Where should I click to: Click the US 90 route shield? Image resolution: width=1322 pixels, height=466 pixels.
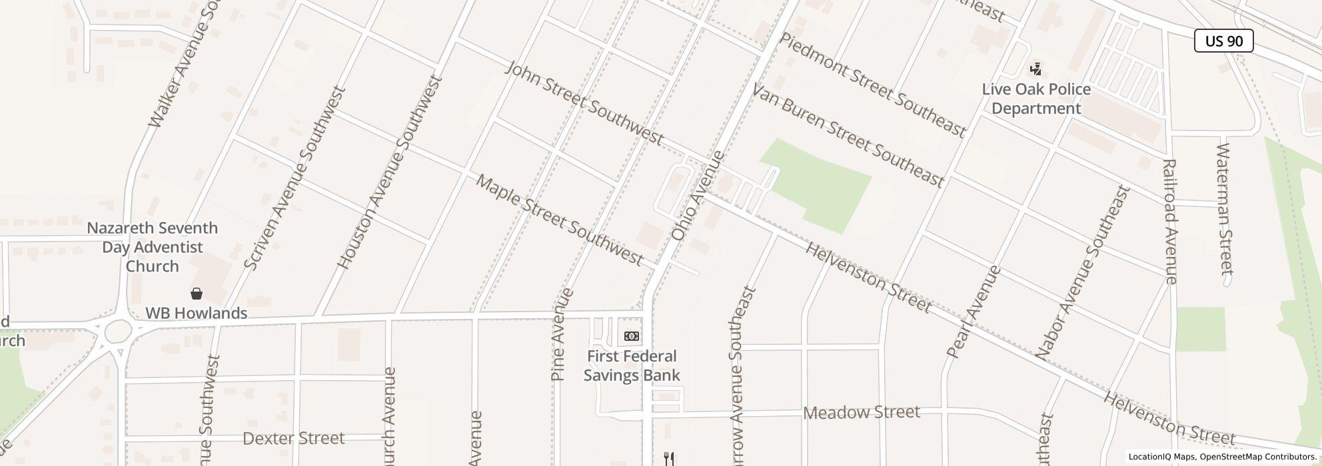click(1223, 41)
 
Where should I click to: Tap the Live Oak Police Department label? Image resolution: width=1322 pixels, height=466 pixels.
click(1036, 99)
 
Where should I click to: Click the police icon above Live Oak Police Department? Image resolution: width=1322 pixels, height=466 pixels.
click(1035, 69)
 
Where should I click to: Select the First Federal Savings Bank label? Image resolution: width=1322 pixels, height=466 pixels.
click(632, 365)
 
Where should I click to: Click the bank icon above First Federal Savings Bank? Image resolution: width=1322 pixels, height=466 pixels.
click(631, 336)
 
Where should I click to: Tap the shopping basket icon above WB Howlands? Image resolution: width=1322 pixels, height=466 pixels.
click(197, 294)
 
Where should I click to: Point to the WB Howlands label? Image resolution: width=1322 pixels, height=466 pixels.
click(197, 313)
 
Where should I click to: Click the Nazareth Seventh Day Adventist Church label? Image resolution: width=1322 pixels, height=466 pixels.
click(153, 247)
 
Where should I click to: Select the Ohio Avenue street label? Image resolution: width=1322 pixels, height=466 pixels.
click(698, 196)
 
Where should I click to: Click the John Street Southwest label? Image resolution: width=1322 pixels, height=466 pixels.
click(584, 103)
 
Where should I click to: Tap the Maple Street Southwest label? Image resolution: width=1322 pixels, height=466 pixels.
click(559, 220)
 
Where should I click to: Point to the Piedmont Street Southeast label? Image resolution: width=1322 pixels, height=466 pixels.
click(872, 85)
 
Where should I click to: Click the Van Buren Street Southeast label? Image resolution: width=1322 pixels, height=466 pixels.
click(848, 134)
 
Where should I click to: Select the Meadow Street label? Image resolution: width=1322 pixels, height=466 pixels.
click(861, 413)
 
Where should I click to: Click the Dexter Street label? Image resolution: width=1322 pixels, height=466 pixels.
click(294, 438)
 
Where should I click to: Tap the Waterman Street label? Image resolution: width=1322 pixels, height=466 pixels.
click(1225, 208)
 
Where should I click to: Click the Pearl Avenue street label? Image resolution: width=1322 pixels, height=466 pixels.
click(974, 312)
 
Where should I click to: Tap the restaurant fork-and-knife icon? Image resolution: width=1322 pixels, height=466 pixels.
click(669, 458)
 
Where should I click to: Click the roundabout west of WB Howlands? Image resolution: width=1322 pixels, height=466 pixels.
click(118, 330)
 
